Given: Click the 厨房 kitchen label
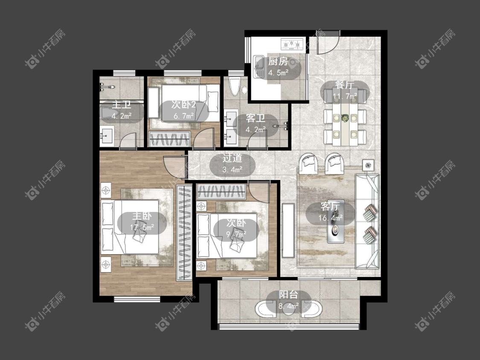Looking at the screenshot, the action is click(278, 61).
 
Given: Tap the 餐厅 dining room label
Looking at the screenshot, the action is click(345, 85).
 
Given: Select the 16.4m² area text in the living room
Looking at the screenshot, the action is click(330, 218).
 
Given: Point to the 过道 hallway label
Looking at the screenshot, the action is click(232, 158).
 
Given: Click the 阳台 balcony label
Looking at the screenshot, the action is click(288, 294).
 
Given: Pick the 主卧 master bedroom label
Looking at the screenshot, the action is click(142, 216).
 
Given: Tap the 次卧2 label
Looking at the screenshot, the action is click(183, 105).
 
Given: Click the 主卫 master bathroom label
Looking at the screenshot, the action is click(122, 105).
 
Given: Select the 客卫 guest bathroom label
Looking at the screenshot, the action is click(256, 118).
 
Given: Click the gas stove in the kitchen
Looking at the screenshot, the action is click(292, 44).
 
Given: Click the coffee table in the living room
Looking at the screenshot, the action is click(336, 222).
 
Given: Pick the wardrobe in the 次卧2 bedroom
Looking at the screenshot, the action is click(169, 139).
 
